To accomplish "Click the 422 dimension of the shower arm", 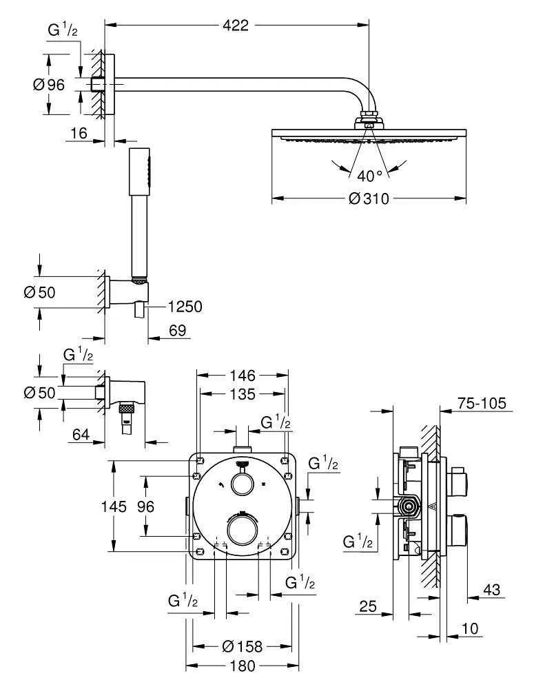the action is point(236,25).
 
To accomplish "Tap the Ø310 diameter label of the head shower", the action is point(369,198).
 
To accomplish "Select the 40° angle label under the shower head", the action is point(369,176).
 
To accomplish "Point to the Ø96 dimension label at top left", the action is point(49,84).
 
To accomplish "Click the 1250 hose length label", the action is point(185,307).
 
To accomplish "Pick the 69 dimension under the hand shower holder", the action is point(178,331).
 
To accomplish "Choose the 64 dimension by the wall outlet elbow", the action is point(81,435).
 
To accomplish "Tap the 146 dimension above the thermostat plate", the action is point(243,376).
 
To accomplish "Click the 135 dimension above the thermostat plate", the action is point(243,394).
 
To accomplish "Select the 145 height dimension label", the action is point(114,506).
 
